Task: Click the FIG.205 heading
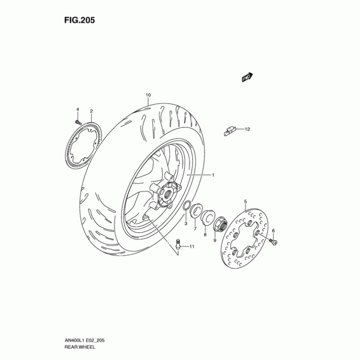click(x=80, y=20)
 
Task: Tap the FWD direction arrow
click(x=247, y=77)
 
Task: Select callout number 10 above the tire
click(x=148, y=95)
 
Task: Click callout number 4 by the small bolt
click(x=77, y=109)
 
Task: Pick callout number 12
click(x=247, y=129)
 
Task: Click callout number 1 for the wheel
click(x=213, y=175)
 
